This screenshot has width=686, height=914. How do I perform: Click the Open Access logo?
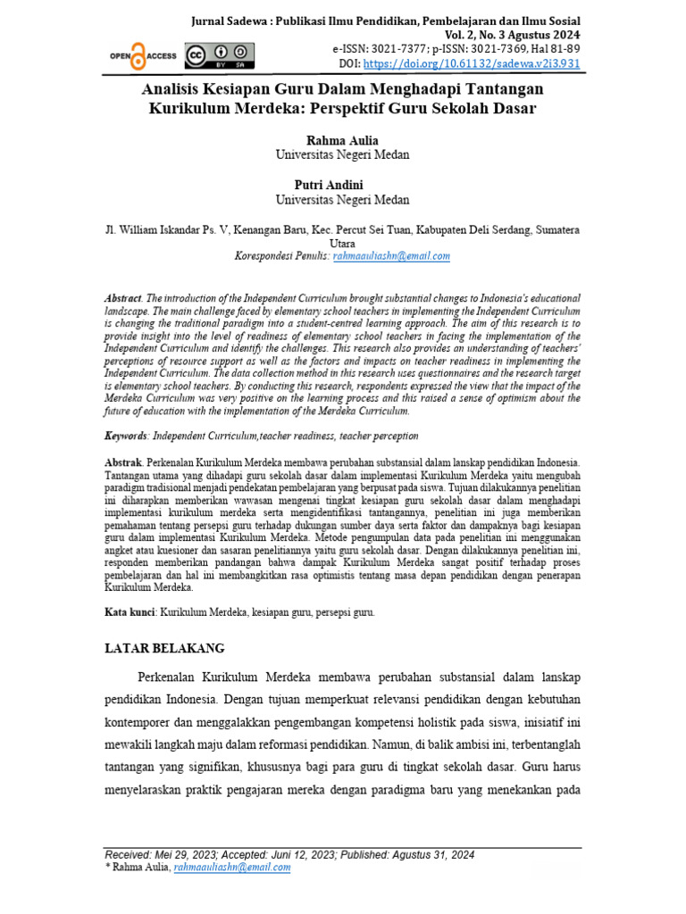click(x=143, y=55)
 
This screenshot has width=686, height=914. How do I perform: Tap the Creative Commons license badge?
click(x=214, y=55)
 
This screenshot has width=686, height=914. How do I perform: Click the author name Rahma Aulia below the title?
click(x=342, y=140)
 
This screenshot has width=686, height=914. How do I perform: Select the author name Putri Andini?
click(x=342, y=185)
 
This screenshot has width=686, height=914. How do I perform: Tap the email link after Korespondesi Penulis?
click(x=392, y=255)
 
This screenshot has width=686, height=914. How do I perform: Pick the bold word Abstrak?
click(x=124, y=464)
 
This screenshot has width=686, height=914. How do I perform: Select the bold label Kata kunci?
click(x=130, y=613)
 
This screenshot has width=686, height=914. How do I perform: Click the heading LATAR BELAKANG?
click(x=164, y=648)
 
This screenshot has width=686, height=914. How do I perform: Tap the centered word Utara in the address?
click(x=342, y=243)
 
